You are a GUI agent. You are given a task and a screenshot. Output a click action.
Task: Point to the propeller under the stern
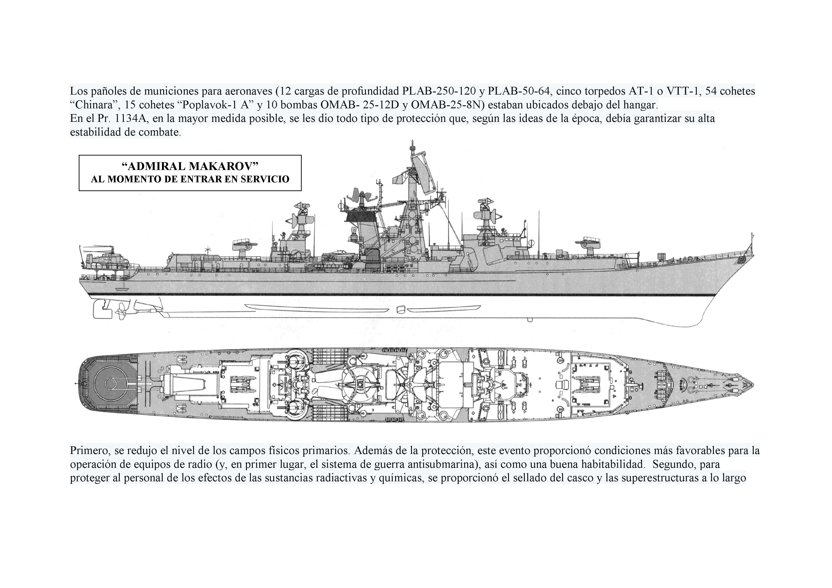coord(121,309)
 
